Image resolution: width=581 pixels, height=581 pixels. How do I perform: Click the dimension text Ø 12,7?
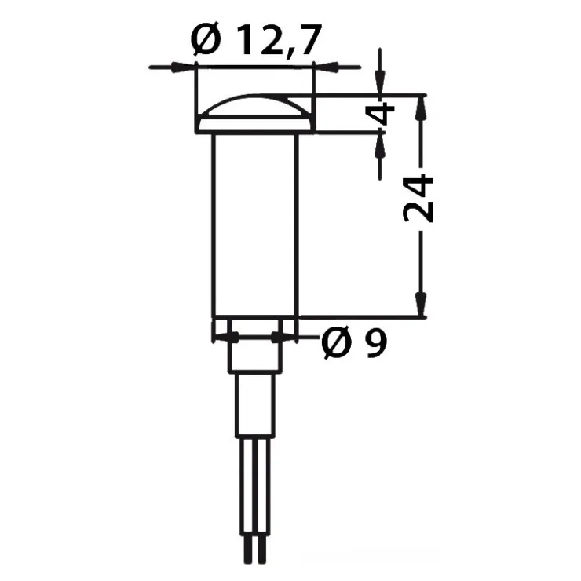point(255,39)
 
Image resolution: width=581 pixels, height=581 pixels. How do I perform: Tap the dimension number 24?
point(418,198)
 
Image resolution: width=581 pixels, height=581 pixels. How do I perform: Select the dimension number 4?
point(381,114)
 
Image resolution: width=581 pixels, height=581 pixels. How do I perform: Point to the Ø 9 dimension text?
point(355,343)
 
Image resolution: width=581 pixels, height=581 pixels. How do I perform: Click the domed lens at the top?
point(254,106)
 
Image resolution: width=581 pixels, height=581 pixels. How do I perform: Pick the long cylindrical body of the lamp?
point(255,225)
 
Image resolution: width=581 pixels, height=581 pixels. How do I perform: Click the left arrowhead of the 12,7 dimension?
point(183,68)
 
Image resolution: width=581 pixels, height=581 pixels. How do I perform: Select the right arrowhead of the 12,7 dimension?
point(326,68)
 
